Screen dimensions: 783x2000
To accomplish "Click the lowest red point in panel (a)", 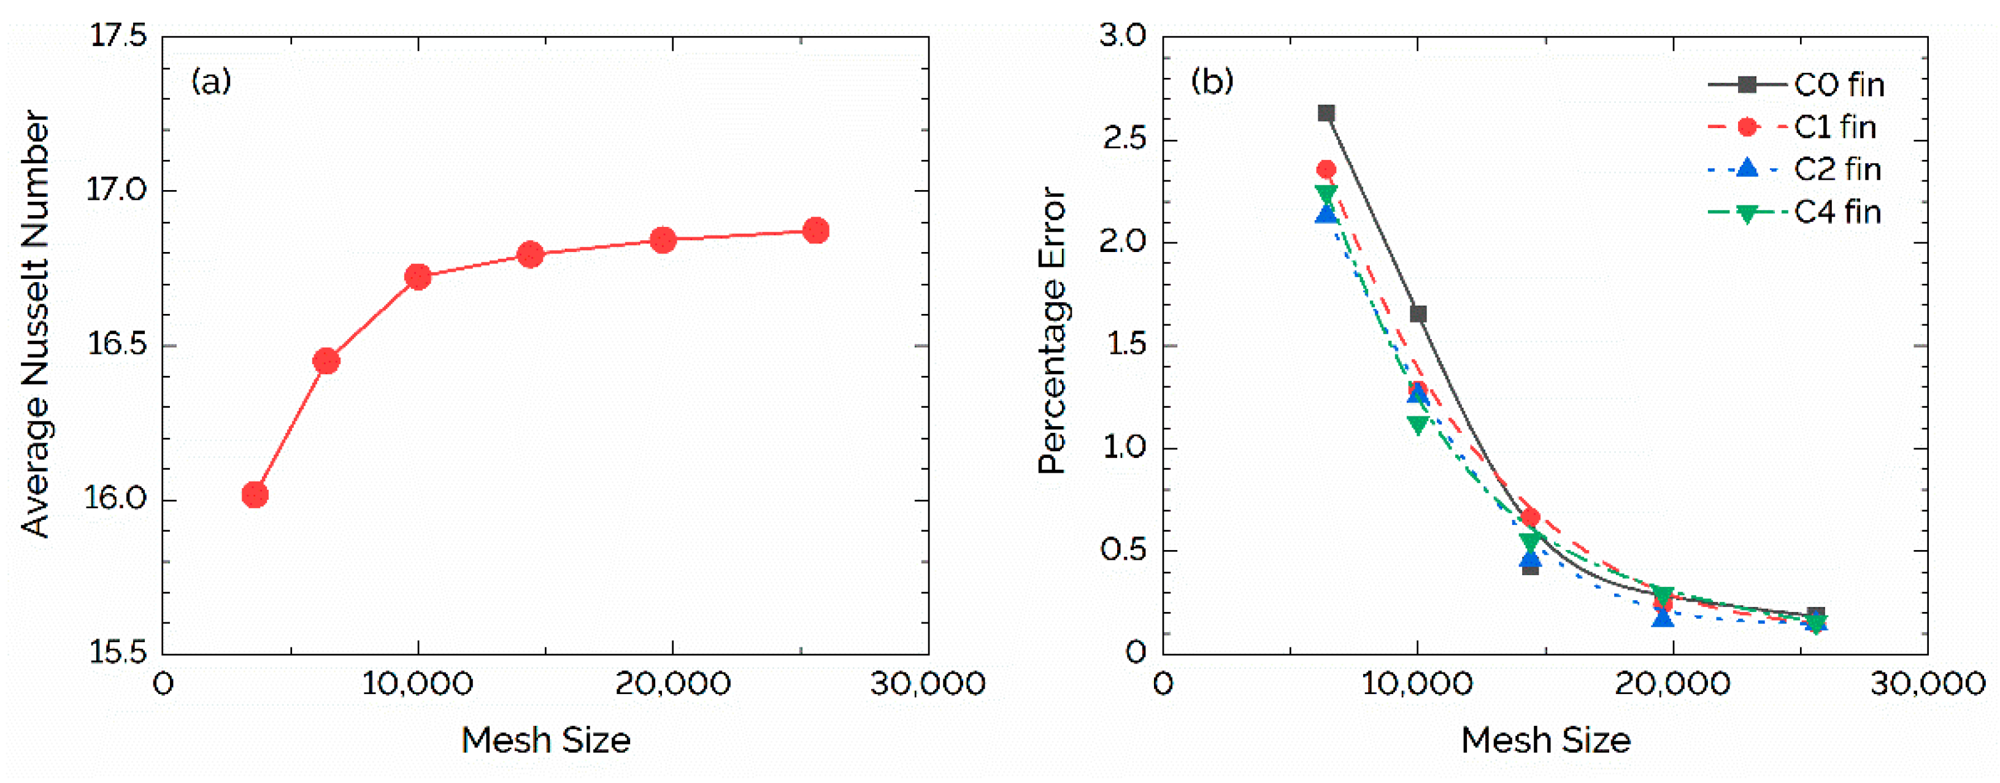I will pyautogui.click(x=255, y=494).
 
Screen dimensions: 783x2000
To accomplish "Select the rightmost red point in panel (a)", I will pyautogui.click(x=815, y=231).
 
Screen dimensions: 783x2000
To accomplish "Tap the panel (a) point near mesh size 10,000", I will pyautogui.click(x=418, y=277).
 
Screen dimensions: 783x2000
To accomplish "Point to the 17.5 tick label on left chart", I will pyautogui.click(x=118, y=36).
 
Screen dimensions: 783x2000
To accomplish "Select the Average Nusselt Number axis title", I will pyautogui.click(x=36, y=324).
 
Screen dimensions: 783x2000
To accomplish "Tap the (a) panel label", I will pyautogui.click(x=211, y=81).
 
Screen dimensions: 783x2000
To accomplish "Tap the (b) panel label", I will pyautogui.click(x=1212, y=81).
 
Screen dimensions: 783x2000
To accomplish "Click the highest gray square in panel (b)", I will pyautogui.click(x=1326, y=113).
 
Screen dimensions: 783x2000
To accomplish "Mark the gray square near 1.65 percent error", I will pyautogui.click(x=1418, y=313).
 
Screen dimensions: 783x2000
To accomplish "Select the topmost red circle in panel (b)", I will pyautogui.click(x=1326, y=169).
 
